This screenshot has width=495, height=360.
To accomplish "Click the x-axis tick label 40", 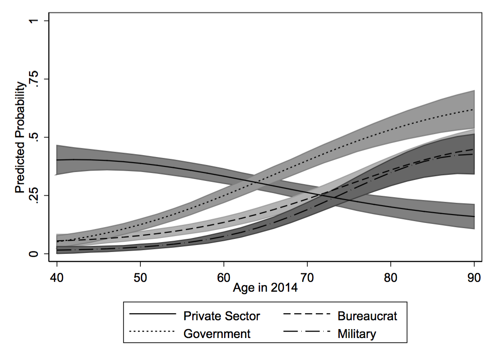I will coord(57,277).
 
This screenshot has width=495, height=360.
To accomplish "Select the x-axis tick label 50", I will coord(140,277).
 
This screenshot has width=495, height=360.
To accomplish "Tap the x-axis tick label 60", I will coord(224,277).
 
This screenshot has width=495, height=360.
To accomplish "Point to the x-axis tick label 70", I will coord(307,277).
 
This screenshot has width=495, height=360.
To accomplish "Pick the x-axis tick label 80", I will coord(391,277).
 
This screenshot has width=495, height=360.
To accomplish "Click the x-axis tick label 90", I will coord(474,277).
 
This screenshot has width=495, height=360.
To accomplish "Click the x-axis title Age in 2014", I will coord(265,288).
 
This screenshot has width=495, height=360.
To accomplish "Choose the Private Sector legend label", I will coord(221,316).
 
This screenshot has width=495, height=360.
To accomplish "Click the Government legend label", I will coord(217,334).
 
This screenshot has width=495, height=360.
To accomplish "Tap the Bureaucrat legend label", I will coord(367,316).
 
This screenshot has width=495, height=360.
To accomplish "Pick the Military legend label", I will coord(357,334).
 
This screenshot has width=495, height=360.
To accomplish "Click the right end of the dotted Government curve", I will coord(474,109).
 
